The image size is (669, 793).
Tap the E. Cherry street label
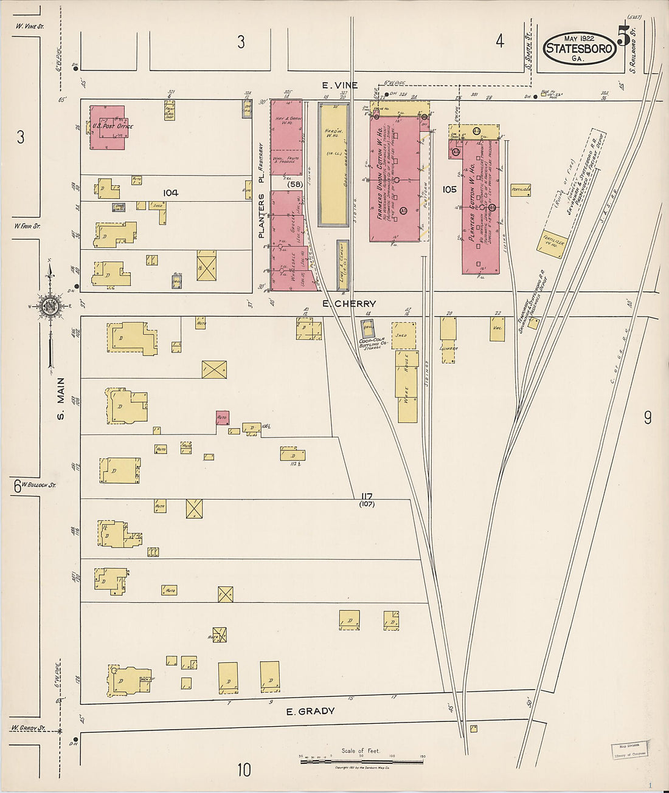[x=349, y=304]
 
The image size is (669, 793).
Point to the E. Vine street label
[x=340, y=86]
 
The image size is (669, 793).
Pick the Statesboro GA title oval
[x=578, y=48]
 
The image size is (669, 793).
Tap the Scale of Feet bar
[x=362, y=760]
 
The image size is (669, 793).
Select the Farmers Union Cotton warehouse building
[x=394, y=176]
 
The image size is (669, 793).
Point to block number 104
[x=170, y=193]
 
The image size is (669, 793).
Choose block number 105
[x=449, y=190]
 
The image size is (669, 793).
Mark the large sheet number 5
[x=623, y=36]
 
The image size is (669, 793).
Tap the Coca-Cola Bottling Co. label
[x=371, y=343]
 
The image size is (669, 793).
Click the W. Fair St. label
[x=27, y=226]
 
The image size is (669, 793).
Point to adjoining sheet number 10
[x=243, y=771]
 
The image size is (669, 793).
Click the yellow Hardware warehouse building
[x=334, y=164]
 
